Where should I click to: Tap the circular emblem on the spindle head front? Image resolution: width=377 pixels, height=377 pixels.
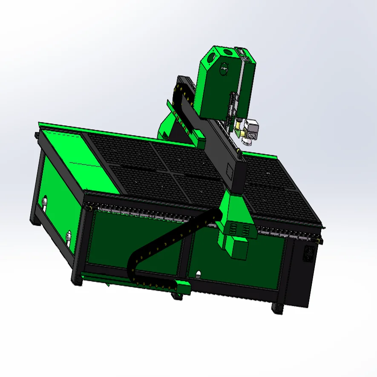click(x=224, y=68)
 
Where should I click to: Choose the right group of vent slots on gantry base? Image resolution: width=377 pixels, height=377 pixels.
click(x=246, y=230)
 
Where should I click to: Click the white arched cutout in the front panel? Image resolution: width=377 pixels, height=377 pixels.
click(x=198, y=273)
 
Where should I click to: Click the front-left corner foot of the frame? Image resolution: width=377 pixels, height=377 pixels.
click(x=77, y=281)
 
